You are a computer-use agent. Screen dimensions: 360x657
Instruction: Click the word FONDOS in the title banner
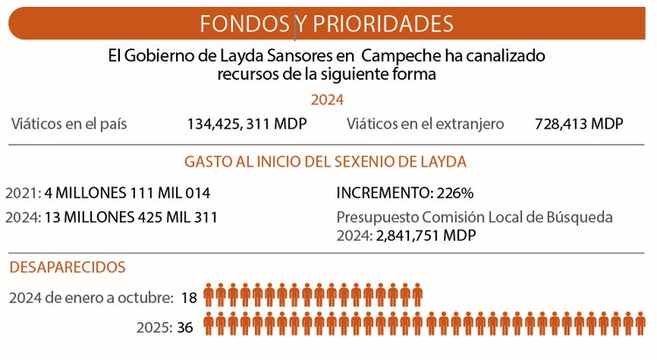[246, 22]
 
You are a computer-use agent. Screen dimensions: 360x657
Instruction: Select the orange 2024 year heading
[328, 100]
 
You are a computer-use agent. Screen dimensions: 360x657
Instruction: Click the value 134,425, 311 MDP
[247, 124]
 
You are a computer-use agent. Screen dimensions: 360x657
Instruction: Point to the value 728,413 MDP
[578, 124]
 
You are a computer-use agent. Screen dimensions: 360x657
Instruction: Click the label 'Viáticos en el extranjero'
[425, 124]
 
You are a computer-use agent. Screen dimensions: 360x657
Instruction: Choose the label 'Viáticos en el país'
[69, 124]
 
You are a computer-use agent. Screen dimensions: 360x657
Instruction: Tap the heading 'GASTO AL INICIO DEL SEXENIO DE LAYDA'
[325, 162]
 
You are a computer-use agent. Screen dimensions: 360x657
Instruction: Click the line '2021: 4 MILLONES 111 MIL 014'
[108, 193]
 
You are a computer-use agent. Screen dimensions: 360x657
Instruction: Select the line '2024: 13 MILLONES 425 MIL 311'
[112, 216]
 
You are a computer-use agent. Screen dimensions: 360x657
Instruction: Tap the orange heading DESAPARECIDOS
[67, 266]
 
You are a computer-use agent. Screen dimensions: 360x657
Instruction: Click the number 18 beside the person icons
[188, 298]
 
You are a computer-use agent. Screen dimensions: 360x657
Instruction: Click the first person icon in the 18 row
[210, 296]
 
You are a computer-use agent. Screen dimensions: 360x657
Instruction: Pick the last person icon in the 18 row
[416, 296]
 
